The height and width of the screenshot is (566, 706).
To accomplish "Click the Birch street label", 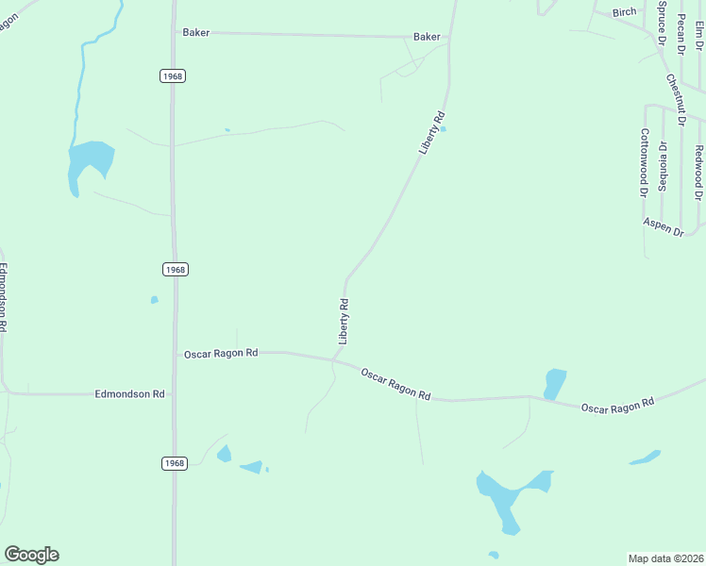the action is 624,12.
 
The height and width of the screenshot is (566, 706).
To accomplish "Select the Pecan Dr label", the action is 681,26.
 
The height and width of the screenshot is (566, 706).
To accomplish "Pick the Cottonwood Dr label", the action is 646,161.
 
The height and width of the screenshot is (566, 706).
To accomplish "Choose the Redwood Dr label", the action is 699,172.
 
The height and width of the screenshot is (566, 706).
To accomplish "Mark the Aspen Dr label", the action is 663,225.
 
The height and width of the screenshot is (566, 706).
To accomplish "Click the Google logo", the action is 31,555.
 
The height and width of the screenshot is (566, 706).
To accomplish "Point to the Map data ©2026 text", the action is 665,558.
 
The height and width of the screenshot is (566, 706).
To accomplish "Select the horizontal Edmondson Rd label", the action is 130,393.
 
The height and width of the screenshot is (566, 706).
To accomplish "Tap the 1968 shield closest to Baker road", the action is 172,75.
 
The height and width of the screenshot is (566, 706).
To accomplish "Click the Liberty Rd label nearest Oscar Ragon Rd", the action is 345,321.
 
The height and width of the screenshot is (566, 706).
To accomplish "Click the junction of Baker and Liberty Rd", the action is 448,38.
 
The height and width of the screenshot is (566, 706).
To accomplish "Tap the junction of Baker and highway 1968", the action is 173,32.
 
